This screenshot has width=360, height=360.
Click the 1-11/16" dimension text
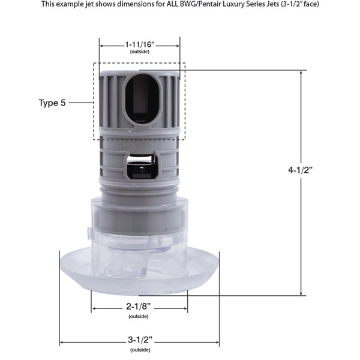click(139, 44)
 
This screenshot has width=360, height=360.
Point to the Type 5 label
click(52, 103)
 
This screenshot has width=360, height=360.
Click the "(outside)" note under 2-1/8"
click(139, 316)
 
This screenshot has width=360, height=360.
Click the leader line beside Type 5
click(81, 103)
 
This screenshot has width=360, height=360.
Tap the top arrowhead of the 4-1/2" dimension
click(301, 73)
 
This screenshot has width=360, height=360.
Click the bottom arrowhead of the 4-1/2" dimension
click(301, 293)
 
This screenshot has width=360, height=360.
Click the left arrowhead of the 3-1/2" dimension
click(61, 343)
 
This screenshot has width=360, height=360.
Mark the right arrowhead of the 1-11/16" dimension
click(178, 45)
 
